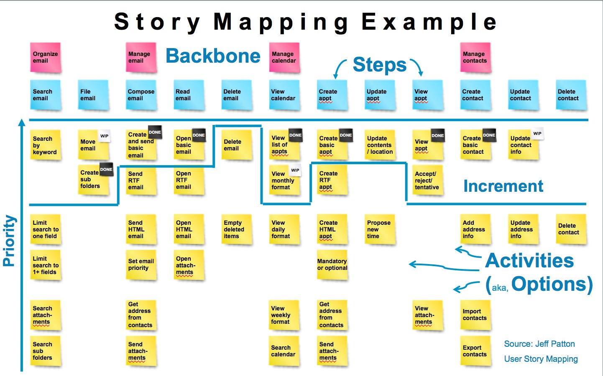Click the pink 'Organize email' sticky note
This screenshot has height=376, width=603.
tap(46, 57)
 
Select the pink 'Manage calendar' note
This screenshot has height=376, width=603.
tap(284, 57)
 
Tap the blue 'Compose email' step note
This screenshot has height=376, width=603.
tap(141, 95)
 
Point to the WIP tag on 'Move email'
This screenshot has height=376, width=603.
tap(105, 136)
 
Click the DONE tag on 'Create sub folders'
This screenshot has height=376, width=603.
tap(106, 169)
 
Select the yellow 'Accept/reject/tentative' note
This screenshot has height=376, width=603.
tap(427, 180)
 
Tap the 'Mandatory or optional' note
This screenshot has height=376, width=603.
tap(332, 265)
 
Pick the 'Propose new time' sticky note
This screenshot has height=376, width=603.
tap(380, 229)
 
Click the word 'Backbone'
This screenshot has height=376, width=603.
tap(213, 56)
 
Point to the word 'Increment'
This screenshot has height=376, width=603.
tap(503, 186)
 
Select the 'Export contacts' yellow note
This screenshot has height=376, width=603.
tap(475, 351)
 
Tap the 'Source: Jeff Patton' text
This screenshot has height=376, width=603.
tap(539, 344)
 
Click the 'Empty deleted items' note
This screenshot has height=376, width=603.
tap(236, 229)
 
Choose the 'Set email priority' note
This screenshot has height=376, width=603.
tap(141, 265)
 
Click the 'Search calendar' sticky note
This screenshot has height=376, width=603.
tap(284, 351)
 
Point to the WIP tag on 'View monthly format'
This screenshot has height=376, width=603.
tap(295, 170)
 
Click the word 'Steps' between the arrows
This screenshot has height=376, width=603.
tap(379, 65)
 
